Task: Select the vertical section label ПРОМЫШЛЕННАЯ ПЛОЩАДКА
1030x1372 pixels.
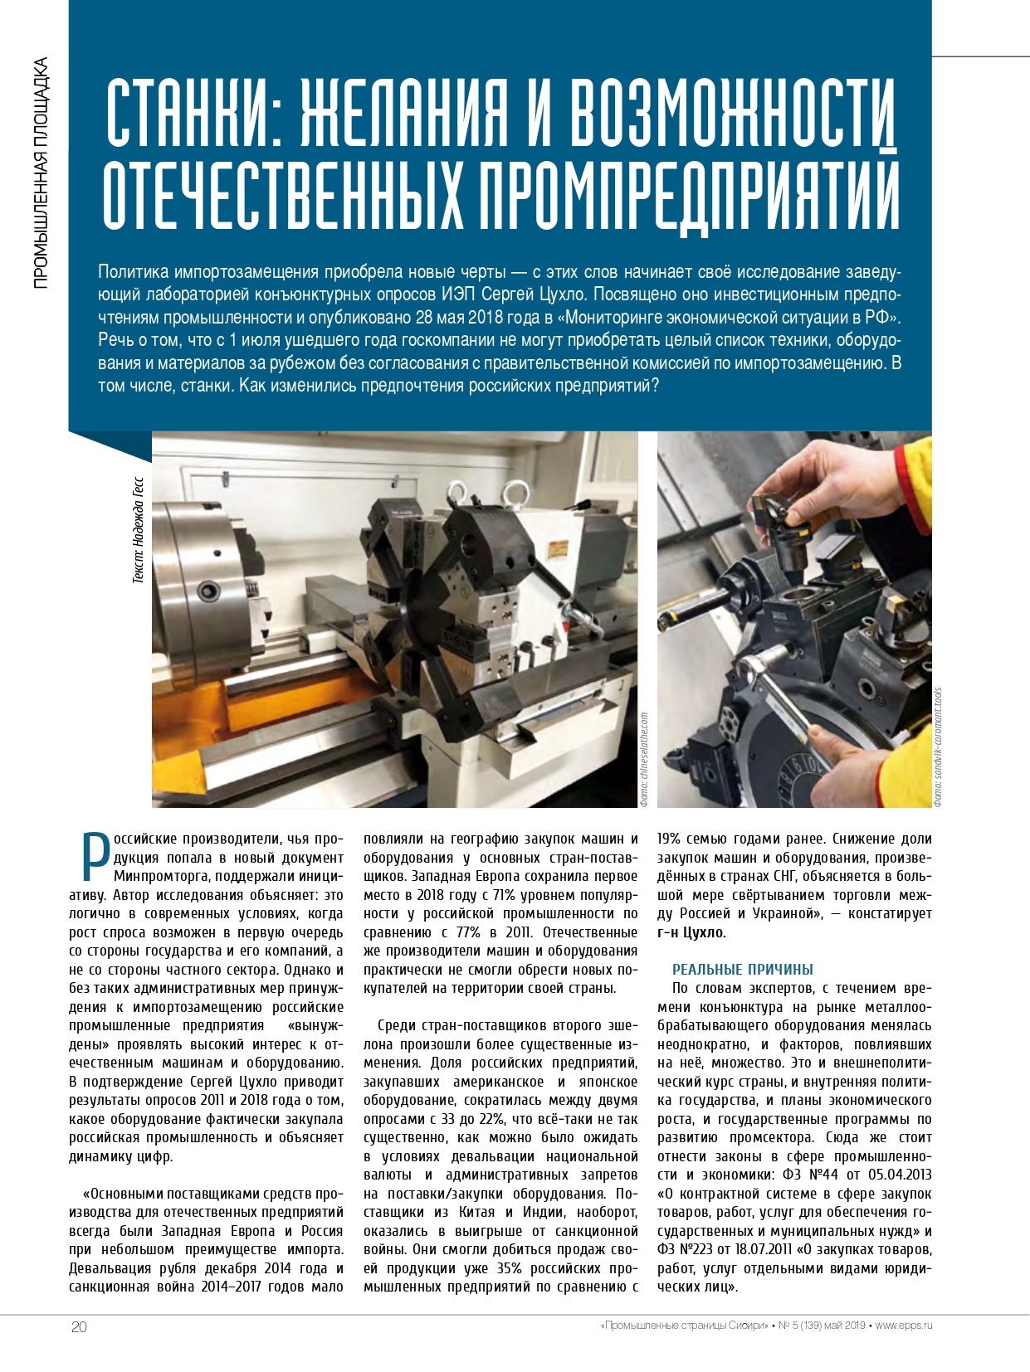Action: (x=41, y=173)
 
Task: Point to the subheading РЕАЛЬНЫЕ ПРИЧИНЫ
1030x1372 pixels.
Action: (x=742, y=970)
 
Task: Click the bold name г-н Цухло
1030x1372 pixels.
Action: (x=691, y=932)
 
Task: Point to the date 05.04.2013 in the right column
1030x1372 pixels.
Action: (x=900, y=1175)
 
